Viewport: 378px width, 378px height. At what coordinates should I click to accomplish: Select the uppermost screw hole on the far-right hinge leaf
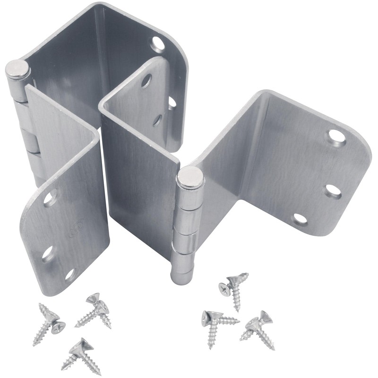pos(337,137)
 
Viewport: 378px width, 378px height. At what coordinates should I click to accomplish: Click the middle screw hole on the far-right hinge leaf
pos(333,191)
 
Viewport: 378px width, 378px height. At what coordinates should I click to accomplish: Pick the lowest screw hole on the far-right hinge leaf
pos(300,219)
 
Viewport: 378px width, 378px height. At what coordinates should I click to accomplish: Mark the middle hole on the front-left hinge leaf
pos(47,254)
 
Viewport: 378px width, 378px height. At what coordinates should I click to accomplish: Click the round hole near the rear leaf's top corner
pos(158,44)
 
